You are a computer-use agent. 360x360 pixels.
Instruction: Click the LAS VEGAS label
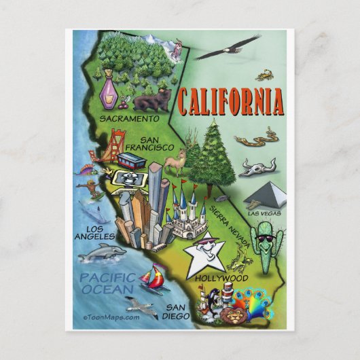pyautogui.click(x=265, y=213)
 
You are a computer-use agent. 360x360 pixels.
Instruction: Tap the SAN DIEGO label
pyautogui.click(x=175, y=310)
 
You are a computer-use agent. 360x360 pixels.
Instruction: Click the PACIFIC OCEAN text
pyautogui.click(x=106, y=283)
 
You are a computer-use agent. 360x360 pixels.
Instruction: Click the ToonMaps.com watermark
pyautogui.click(x=111, y=317)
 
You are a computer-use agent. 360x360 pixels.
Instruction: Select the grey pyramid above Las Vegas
pyautogui.click(x=266, y=195)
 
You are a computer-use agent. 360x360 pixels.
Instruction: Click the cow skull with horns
pyautogui.click(x=259, y=166)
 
